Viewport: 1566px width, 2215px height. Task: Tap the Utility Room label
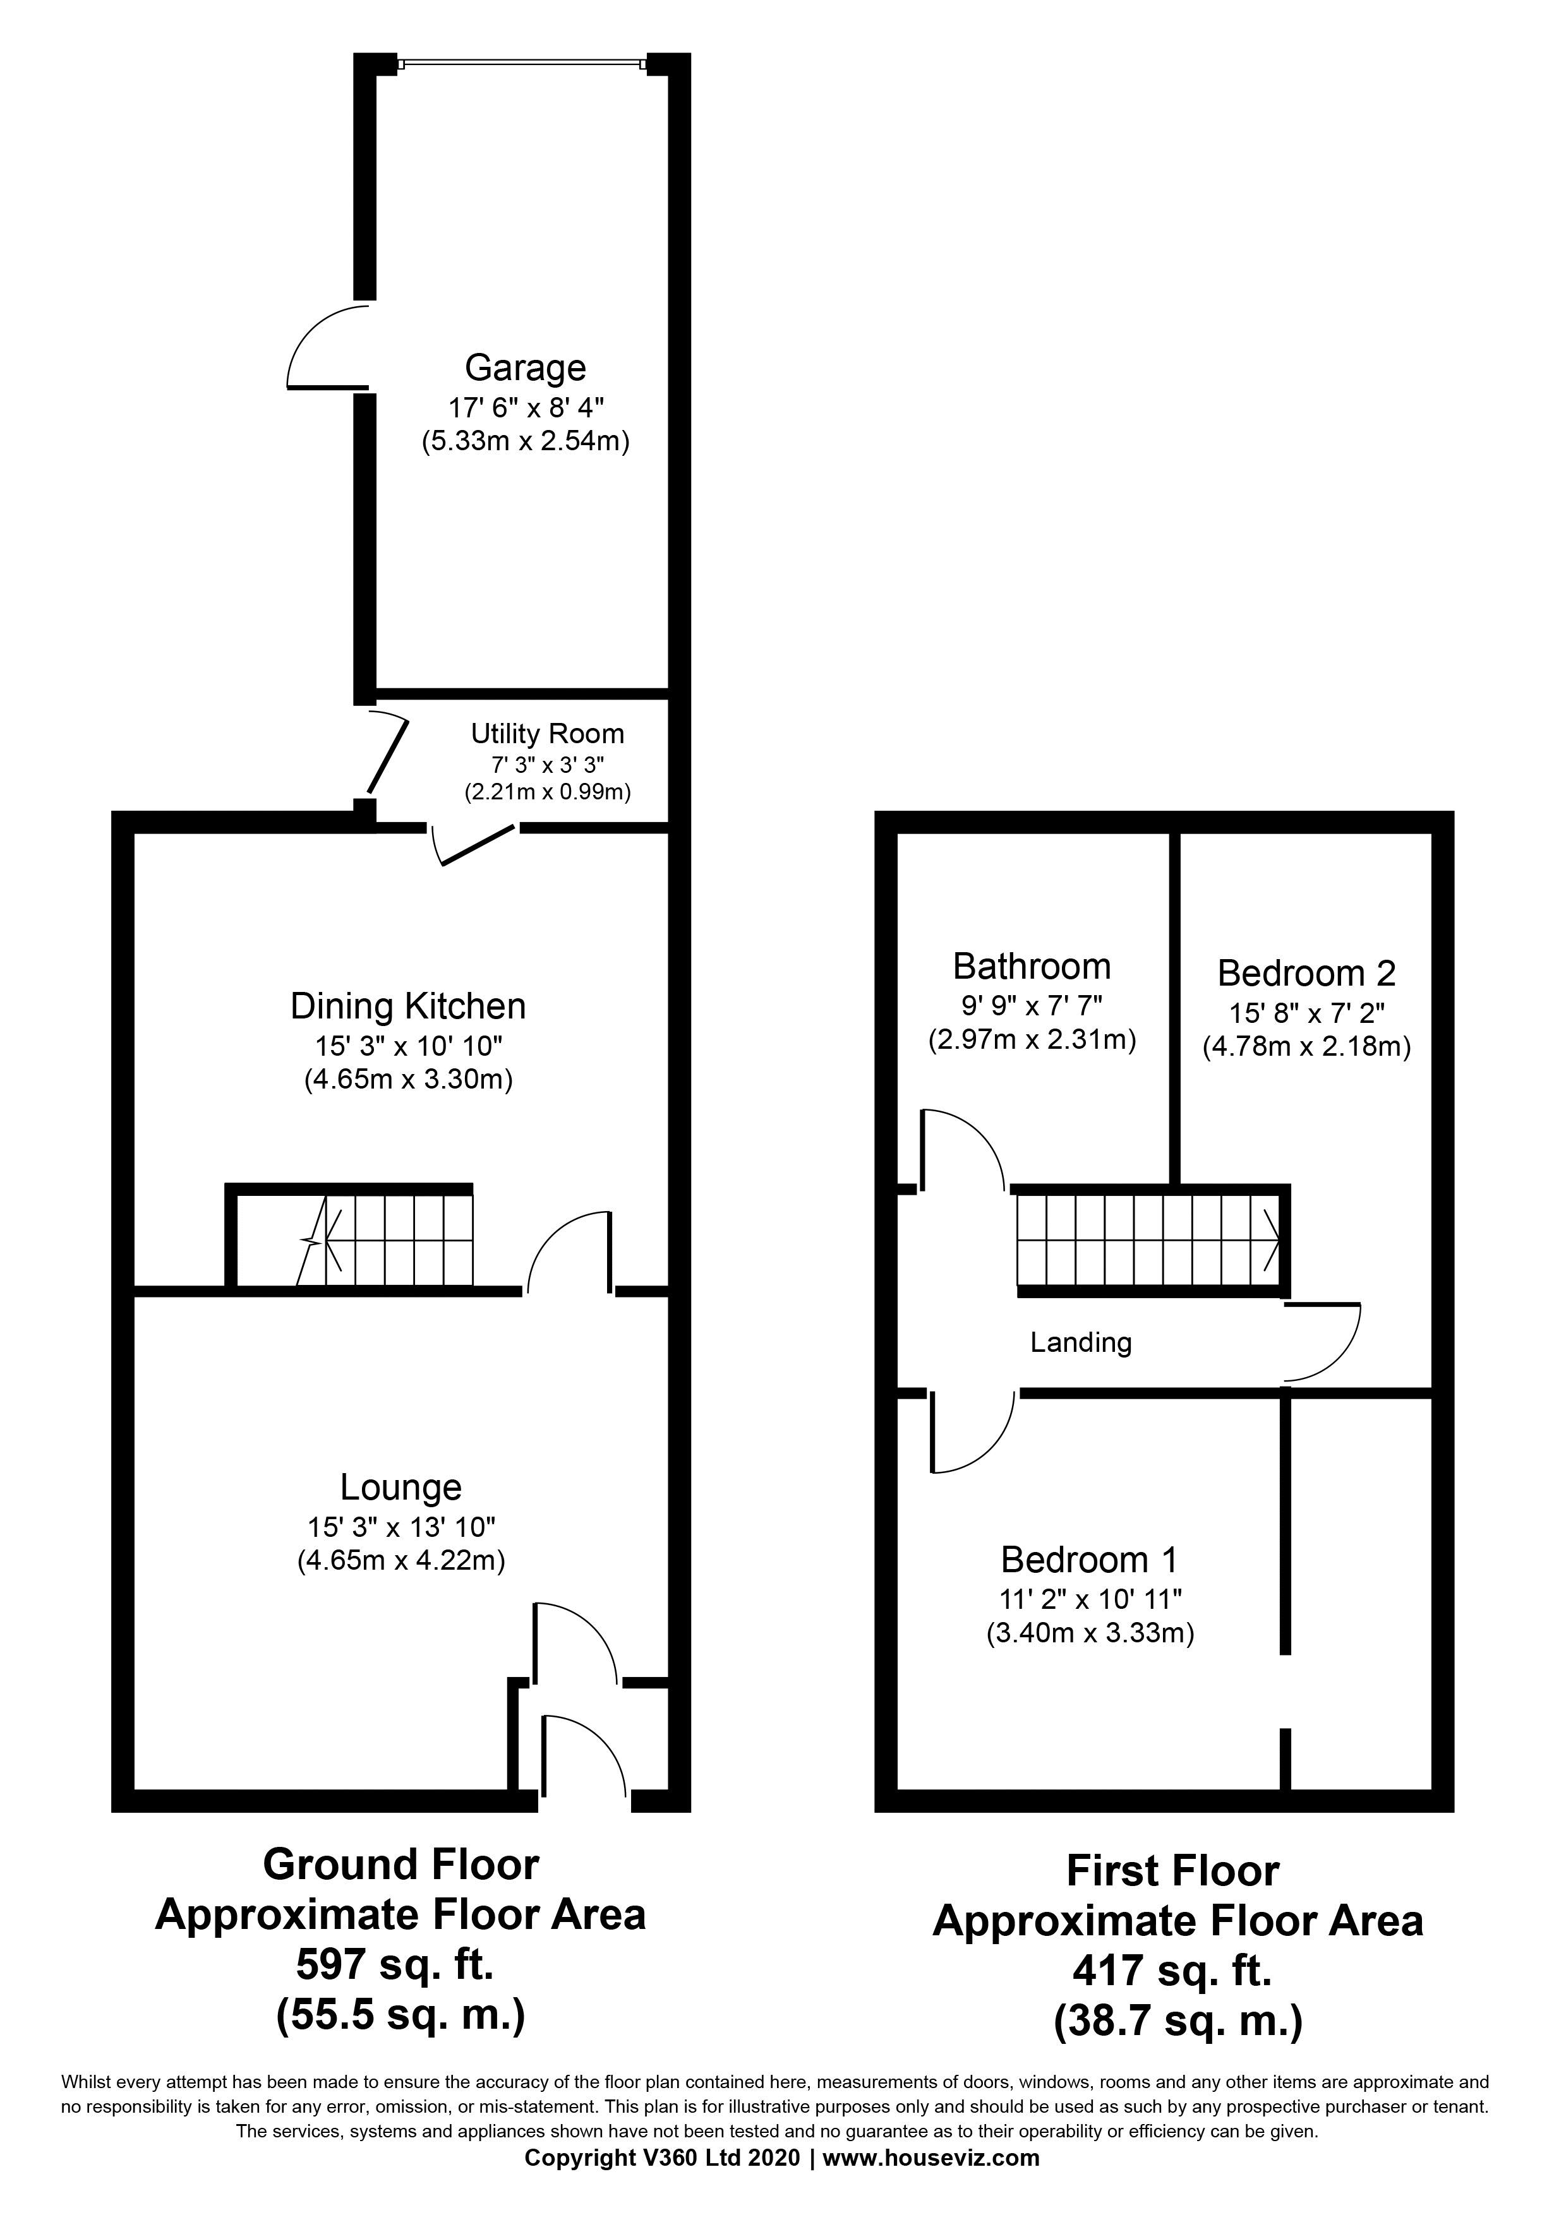(547, 734)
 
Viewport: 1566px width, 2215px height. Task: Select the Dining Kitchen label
(408, 1006)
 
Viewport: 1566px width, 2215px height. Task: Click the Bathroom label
(1032, 965)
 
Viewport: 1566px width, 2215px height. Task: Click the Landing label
(1081, 1342)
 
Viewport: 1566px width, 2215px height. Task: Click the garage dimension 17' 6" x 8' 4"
(526, 407)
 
